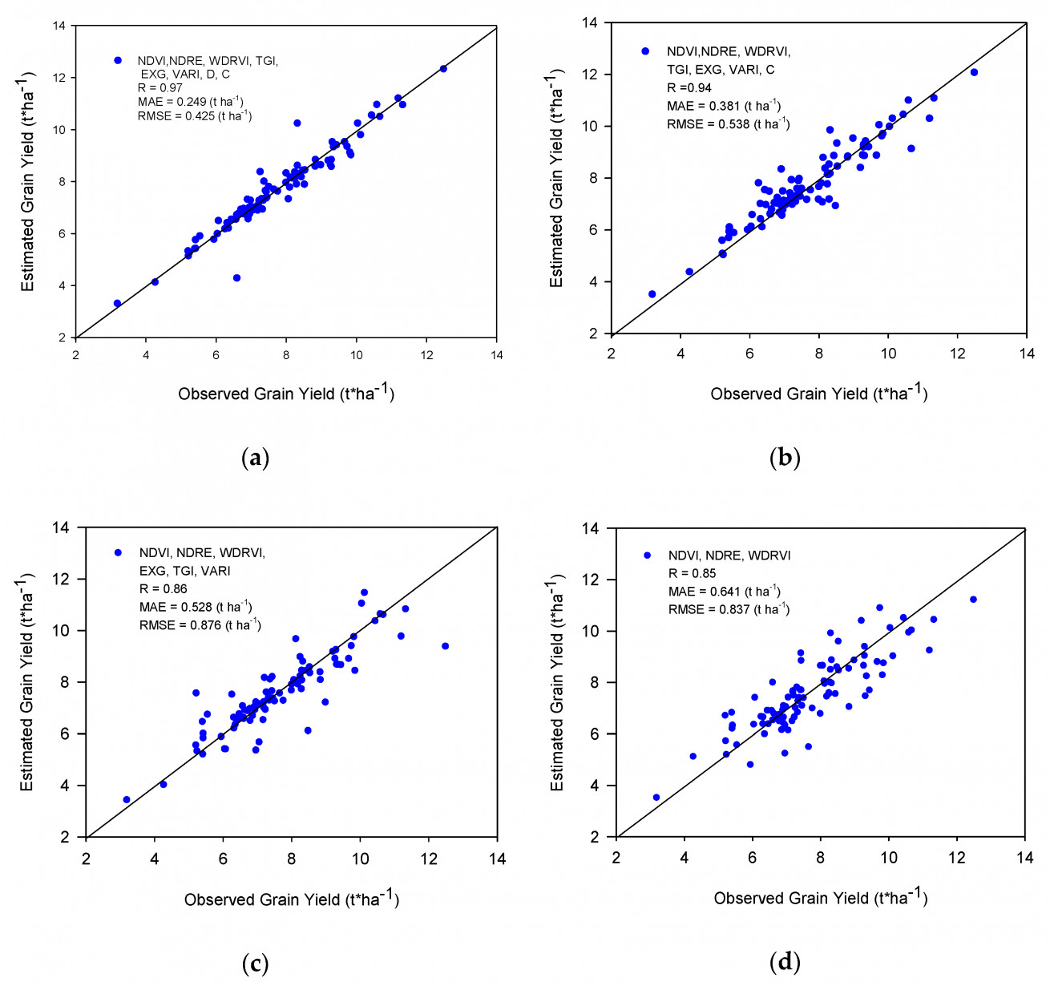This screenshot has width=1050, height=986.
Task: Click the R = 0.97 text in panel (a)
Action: pyautogui.click(x=160, y=88)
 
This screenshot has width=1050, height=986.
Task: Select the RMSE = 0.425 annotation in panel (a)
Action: pyautogui.click(x=195, y=115)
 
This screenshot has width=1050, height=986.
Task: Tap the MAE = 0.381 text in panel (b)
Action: pyautogui.click(x=723, y=105)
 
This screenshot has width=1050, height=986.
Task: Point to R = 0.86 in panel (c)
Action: pyautogui.click(x=163, y=588)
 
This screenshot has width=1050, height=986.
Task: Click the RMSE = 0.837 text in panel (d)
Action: pyautogui.click(x=729, y=609)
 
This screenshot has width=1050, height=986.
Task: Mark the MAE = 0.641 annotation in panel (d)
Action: pyautogui.click(x=725, y=591)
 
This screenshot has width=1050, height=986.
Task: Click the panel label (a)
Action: pyautogui.click(x=256, y=457)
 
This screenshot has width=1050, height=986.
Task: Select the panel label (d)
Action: pyautogui.click(x=785, y=962)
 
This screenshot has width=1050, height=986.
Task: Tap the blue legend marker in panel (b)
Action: pyautogui.click(x=645, y=51)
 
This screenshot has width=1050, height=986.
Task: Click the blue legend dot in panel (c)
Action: pyautogui.click(x=118, y=553)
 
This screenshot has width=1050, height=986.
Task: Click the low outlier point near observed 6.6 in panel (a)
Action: pyautogui.click(x=237, y=277)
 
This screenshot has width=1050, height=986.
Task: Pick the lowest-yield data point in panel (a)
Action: pyautogui.click(x=117, y=303)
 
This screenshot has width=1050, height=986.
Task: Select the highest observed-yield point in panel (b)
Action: pyautogui.click(x=974, y=72)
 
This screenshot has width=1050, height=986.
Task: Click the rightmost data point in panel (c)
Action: pyautogui.click(x=445, y=646)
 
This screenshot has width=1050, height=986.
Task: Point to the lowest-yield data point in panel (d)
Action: pyautogui.click(x=656, y=797)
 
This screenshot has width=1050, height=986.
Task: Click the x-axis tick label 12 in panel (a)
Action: pyautogui.click(x=426, y=355)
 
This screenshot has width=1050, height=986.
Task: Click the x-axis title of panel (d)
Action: pyautogui.click(x=821, y=898)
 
